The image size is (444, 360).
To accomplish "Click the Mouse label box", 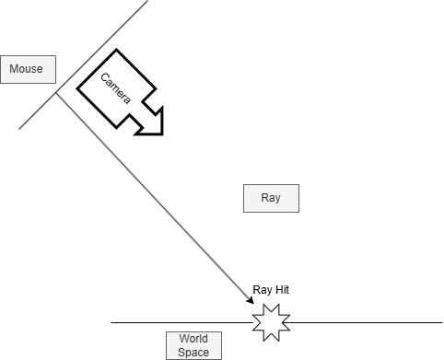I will pyautogui.click(x=28, y=69).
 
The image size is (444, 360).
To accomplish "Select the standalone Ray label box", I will pyautogui.click(x=271, y=198).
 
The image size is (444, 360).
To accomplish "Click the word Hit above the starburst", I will pyautogui.click(x=280, y=289).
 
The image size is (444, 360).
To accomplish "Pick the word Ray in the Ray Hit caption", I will pyautogui.click(x=261, y=289).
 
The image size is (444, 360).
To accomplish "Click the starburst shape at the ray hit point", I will pyautogui.click(x=271, y=322).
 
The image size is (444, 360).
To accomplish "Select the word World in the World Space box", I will pyautogui.click(x=193, y=339).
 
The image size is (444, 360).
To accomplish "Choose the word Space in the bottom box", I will pyautogui.click(x=193, y=352).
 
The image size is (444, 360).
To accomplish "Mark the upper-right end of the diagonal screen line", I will pyautogui.click(x=147, y=1).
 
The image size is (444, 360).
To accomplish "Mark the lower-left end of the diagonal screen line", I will pyautogui.click(x=19, y=129).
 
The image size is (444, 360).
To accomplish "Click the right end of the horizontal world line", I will pyautogui.click(x=441, y=322).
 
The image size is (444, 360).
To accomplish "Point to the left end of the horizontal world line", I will pyautogui.click(x=112, y=322).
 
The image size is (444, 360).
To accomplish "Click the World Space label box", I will pyautogui.click(x=193, y=345).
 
